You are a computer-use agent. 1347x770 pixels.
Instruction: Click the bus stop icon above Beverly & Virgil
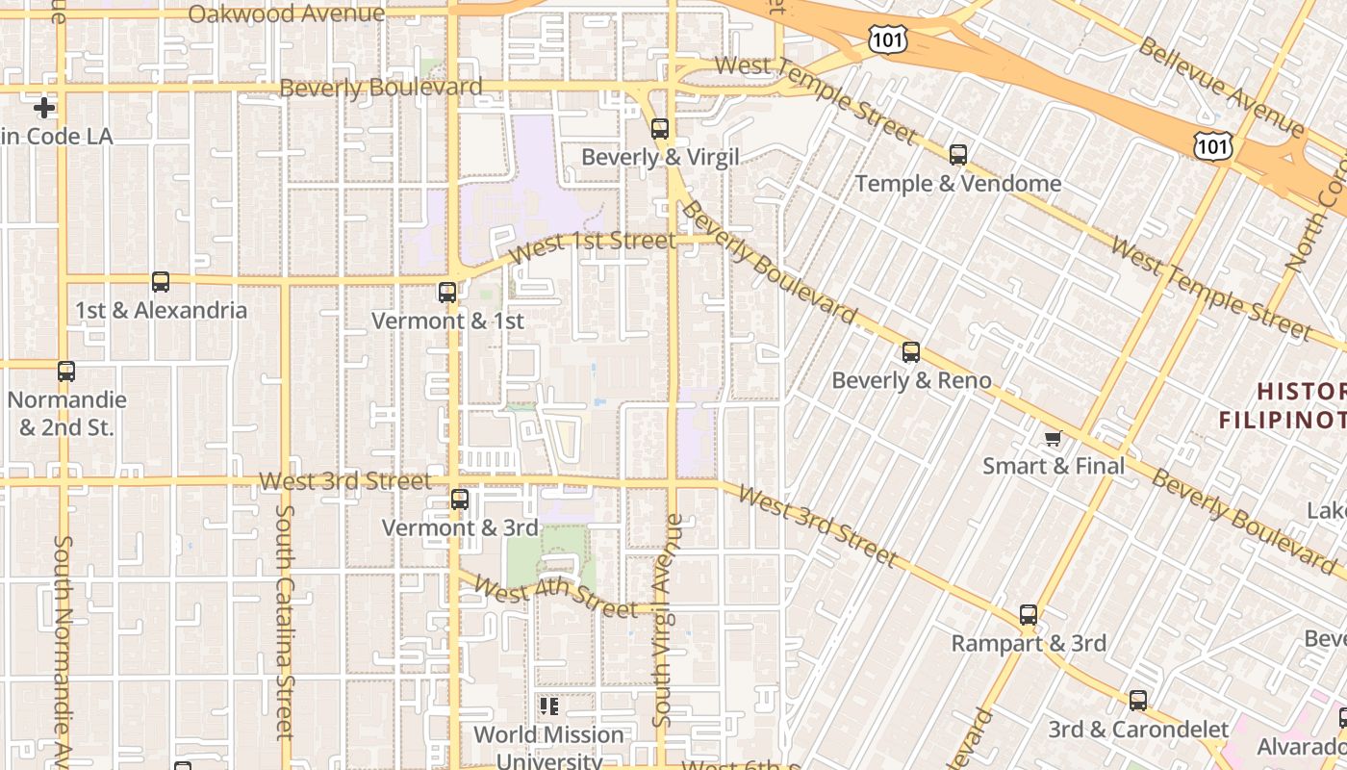(660, 129)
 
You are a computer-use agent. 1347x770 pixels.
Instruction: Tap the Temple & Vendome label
(958, 184)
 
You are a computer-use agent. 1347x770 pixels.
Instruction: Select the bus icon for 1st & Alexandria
(161, 282)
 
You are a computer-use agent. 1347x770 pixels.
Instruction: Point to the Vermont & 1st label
(447, 321)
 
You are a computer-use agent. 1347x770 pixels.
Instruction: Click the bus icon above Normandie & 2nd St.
(65, 372)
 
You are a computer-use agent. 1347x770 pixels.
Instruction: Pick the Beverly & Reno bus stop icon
(911, 352)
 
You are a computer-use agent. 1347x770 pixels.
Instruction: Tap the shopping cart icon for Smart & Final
(1054, 439)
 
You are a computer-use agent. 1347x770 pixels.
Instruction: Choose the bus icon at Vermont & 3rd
(460, 500)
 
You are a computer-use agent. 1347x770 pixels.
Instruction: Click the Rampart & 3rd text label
(1029, 643)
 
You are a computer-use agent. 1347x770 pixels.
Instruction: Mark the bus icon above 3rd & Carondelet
(1138, 701)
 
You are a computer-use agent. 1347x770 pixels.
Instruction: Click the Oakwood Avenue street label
(287, 13)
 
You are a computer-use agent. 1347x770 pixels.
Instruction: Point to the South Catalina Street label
(284, 621)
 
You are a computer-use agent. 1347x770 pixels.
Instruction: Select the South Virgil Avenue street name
(668, 621)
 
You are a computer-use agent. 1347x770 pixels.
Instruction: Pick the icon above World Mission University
(549, 707)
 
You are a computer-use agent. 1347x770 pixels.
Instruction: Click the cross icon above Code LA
(44, 108)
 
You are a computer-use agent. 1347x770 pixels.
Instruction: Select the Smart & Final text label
(1054, 467)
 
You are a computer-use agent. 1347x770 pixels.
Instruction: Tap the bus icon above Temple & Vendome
(958, 155)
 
